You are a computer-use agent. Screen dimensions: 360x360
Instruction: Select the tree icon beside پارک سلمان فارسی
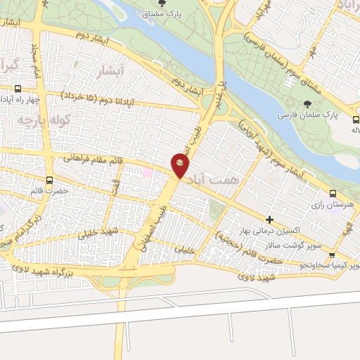pyautogui.click(x=309, y=103)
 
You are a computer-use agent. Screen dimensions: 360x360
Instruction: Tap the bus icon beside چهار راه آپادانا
pyautogui.click(x=18, y=89)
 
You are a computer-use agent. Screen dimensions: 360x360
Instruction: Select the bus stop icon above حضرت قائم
pyautogui.click(x=49, y=180)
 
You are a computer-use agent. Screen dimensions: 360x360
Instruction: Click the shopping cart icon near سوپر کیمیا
pyautogui.click(x=331, y=255)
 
